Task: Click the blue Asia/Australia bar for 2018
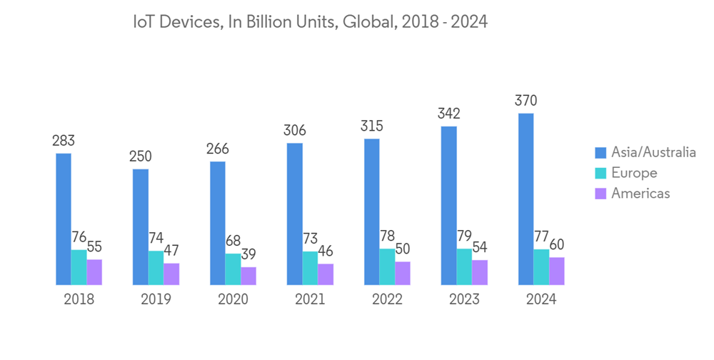[x=64, y=219]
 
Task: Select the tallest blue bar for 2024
[x=526, y=199]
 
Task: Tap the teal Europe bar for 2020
[x=233, y=269]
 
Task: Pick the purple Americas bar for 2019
[x=171, y=274]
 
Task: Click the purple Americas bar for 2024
[x=557, y=271]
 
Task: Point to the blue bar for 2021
[x=295, y=214]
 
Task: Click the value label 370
[x=526, y=101]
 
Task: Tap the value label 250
[x=140, y=156]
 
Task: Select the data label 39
[x=248, y=254]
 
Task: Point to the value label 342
[x=448, y=114]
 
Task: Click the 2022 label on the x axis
[x=387, y=299]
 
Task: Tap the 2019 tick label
[x=156, y=299]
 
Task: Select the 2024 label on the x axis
[x=541, y=299]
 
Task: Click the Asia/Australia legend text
[x=653, y=152]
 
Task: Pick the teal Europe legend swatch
[x=601, y=173]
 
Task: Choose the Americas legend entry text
[x=640, y=194]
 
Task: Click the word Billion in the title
[x=268, y=22]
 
